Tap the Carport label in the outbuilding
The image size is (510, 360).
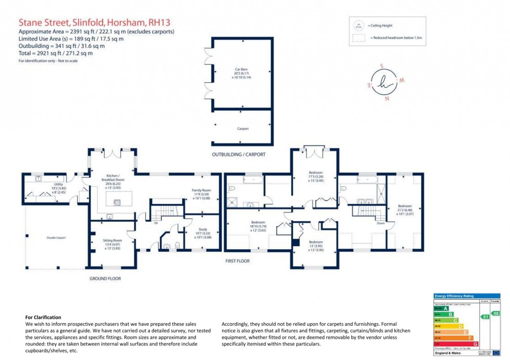[243, 128]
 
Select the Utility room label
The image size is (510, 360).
[58, 188]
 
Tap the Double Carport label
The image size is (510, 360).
[56, 238]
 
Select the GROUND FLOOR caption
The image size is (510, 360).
[105, 279]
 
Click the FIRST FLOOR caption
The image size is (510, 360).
[237, 260]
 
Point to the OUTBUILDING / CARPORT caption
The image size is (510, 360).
[238, 155]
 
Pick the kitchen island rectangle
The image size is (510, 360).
[119, 199]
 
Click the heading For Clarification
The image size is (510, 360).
[43, 317]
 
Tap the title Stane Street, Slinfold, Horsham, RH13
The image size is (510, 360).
[94, 22]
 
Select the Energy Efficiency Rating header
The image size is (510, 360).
[454, 296]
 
